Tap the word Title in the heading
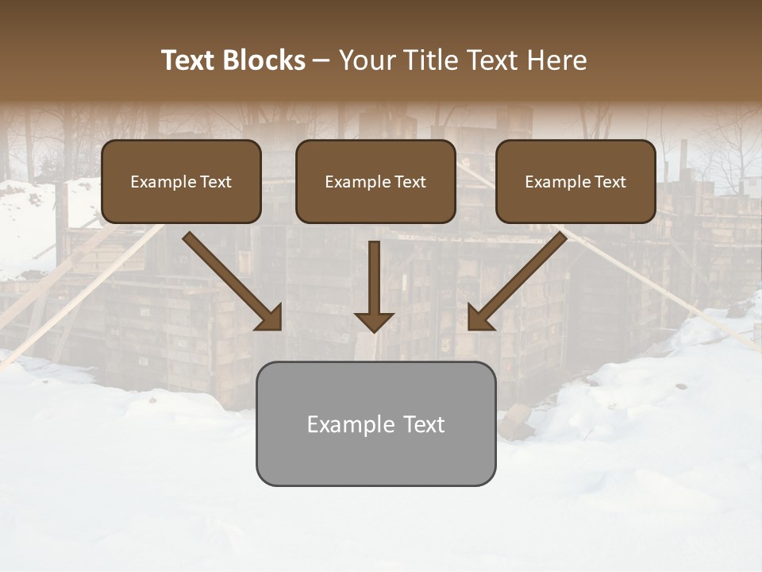[x=434, y=60]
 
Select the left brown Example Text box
[x=181, y=181]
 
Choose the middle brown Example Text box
[x=375, y=181]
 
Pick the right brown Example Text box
[x=575, y=181]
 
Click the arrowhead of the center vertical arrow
[x=374, y=322]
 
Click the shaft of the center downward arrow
[x=374, y=274]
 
